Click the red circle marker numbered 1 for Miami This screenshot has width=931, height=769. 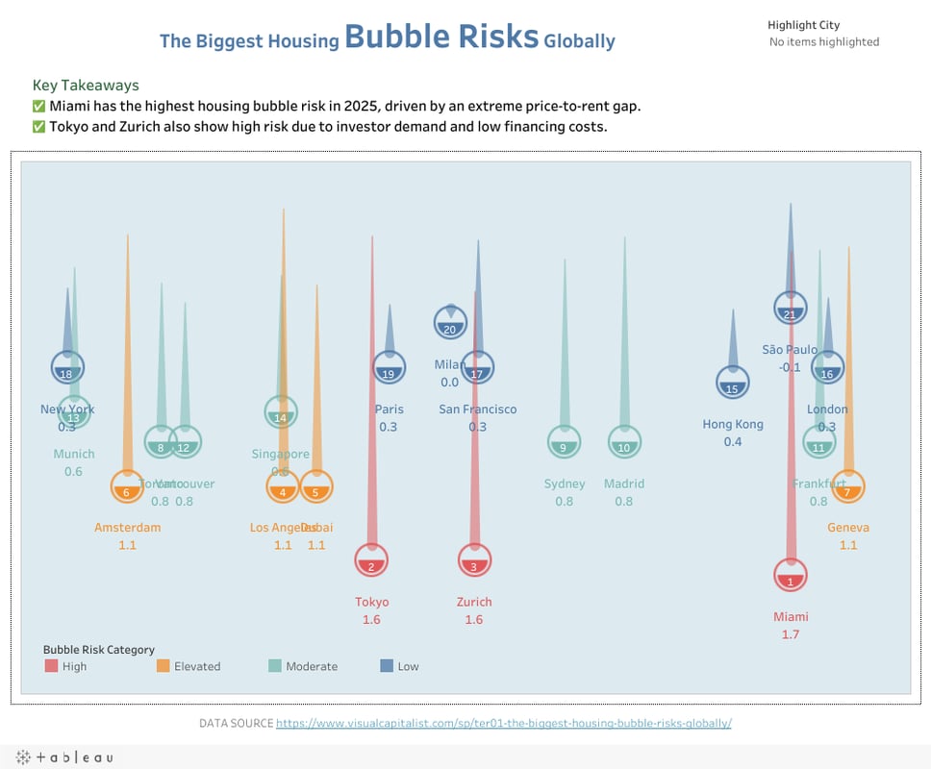click(791, 575)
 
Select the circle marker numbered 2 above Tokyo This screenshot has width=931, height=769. click(371, 559)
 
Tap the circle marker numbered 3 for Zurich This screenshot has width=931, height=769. click(474, 559)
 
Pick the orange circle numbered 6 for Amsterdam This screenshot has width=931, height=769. click(127, 486)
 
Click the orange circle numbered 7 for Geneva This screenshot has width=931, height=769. click(847, 486)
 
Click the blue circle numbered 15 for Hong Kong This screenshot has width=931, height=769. click(733, 383)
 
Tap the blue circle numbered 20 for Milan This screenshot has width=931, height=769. click(450, 323)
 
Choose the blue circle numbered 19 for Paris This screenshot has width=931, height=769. click(389, 367)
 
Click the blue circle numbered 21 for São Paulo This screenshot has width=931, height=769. click(790, 308)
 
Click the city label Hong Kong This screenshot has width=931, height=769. click(733, 424)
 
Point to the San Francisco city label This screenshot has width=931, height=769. click(478, 409)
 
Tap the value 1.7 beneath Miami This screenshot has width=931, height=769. click(791, 634)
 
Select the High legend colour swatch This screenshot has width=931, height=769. click(51, 666)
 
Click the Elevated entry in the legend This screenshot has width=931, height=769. click(196, 666)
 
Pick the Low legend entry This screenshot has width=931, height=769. click(408, 666)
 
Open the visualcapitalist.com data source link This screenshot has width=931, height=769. click(504, 723)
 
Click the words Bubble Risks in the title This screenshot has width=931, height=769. click(441, 37)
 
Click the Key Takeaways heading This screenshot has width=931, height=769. click(86, 86)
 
